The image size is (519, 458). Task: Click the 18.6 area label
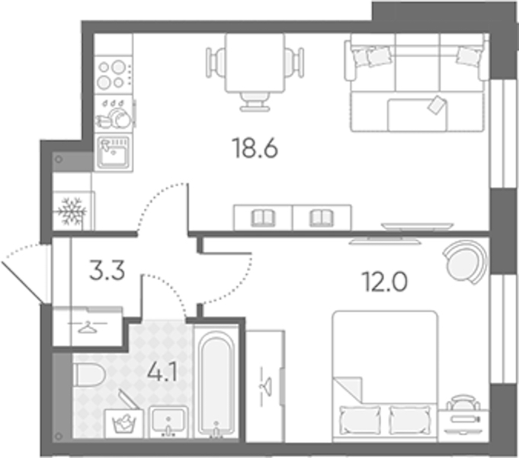point(255,148)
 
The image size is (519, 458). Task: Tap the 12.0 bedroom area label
point(386,282)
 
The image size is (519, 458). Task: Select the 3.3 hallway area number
point(107,270)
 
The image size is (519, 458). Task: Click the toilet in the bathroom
point(88,375)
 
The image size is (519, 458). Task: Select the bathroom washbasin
point(168,422)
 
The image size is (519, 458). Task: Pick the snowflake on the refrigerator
point(72,211)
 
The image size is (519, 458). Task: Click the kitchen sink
point(114,153)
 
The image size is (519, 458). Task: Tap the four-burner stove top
point(114,75)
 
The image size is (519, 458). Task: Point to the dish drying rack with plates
point(114,114)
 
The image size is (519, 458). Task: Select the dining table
point(255,63)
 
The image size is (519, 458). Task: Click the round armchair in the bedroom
point(466,262)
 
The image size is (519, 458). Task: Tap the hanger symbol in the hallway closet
point(88,327)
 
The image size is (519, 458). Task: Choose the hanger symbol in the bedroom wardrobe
point(265,386)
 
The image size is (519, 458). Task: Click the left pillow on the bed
point(360,420)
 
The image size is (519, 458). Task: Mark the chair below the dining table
point(255,102)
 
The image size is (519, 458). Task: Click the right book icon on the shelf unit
point(322,218)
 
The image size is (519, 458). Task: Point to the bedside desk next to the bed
point(463,426)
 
